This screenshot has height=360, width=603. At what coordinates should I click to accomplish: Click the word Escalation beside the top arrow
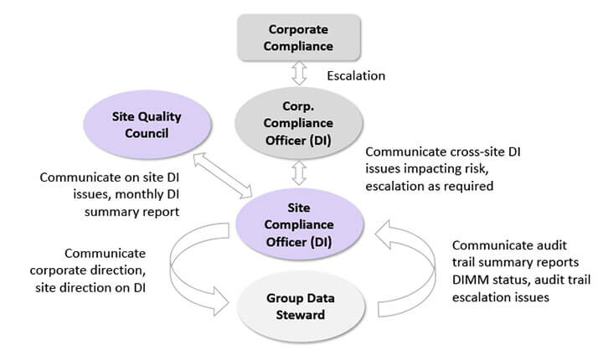pos(356,76)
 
